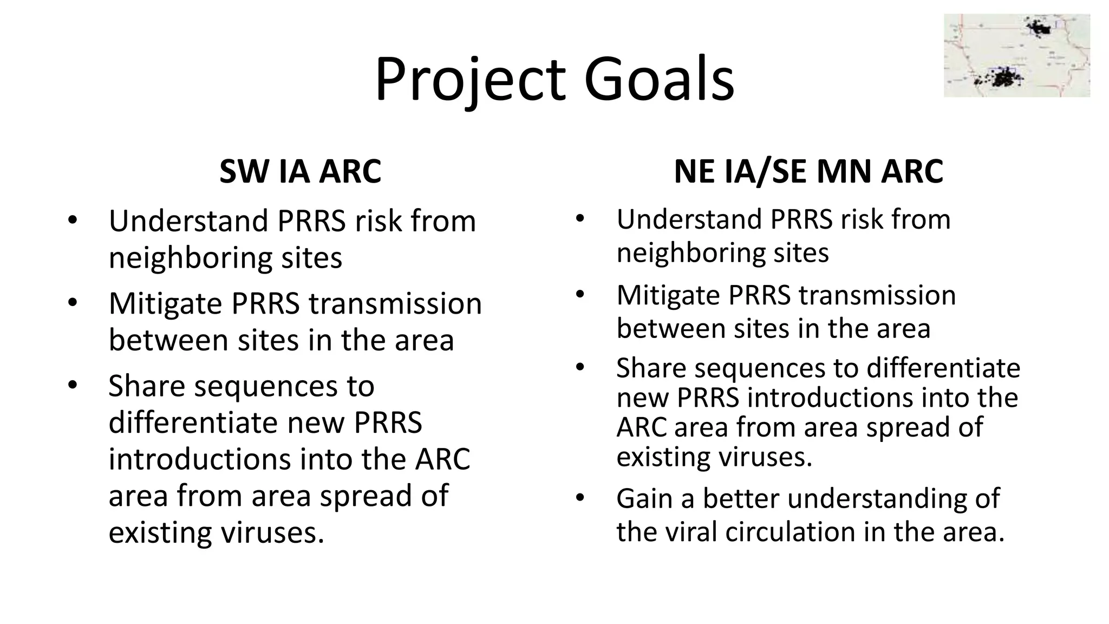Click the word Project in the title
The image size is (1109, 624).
tap(470, 80)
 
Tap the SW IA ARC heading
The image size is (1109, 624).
tap(300, 172)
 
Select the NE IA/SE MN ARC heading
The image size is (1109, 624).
tap(808, 172)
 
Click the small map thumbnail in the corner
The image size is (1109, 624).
tap(1016, 56)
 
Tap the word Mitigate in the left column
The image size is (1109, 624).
tap(165, 303)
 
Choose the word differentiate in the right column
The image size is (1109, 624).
tap(943, 368)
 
